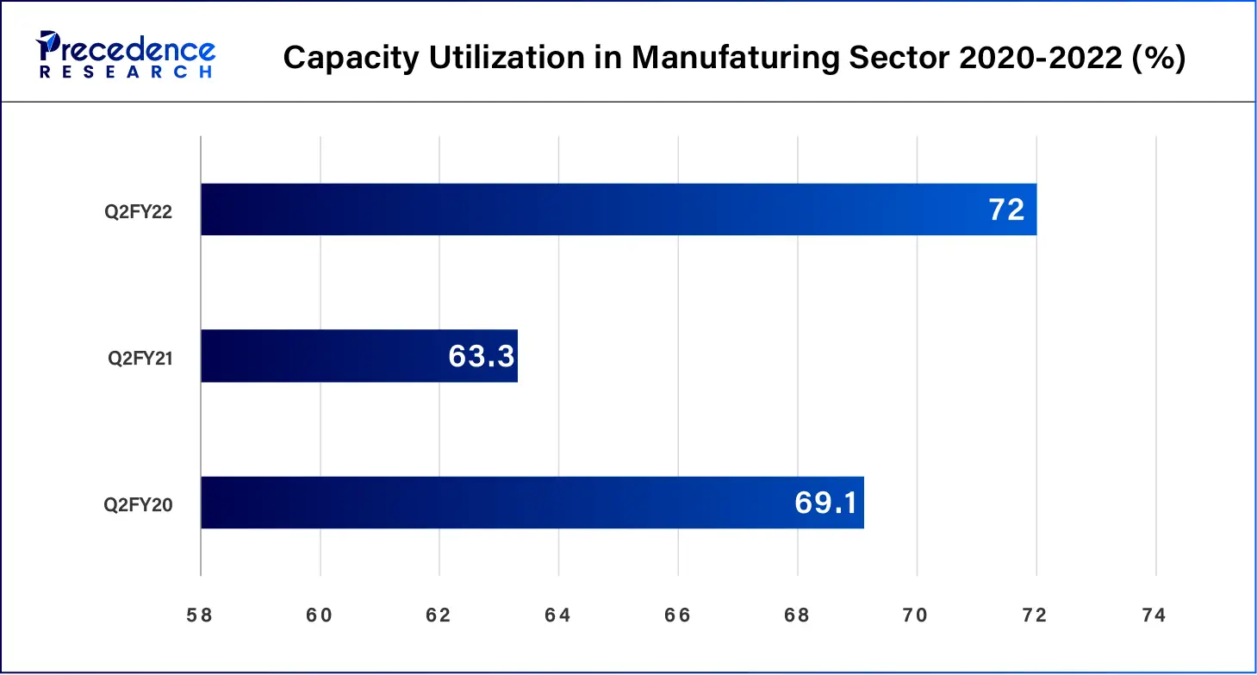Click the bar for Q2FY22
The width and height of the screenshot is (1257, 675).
[x=618, y=209]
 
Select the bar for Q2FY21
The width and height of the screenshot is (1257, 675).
[x=358, y=356]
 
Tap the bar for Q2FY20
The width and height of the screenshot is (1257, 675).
[x=532, y=503]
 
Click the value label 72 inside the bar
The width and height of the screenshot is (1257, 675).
[x=1005, y=209]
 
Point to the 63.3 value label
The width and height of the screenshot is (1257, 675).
[x=481, y=356]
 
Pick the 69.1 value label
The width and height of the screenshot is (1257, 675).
[x=825, y=503]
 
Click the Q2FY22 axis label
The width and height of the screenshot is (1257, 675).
[x=140, y=211]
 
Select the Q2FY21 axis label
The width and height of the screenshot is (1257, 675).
[x=140, y=358]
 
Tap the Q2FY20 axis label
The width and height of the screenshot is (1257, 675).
[x=140, y=504]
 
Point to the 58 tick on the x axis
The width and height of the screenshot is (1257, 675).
[x=200, y=616]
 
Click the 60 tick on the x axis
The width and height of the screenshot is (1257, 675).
[x=320, y=616]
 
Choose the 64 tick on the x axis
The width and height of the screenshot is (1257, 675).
[x=558, y=616]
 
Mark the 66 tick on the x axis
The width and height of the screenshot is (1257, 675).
[x=678, y=616]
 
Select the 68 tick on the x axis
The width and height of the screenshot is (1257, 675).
[x=797, y=616]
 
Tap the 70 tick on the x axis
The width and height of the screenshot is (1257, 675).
[x=916, y=616]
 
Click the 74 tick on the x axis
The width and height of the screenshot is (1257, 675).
[x=1154, y=616]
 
